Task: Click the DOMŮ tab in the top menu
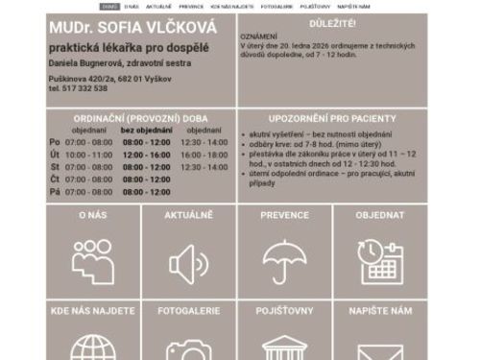click(x=109, y=6)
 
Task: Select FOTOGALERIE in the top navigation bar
click(x=276, y=6)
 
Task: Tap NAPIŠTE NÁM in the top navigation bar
click(x=353, y=6)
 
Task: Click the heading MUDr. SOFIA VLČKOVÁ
click(x=132, y=27)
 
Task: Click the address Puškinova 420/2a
click(x=82, y=78)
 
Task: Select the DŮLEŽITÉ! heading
click(x=333, y=21)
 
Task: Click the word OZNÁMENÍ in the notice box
click(x=257, y=34)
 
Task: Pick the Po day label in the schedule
click(x=55, y=142)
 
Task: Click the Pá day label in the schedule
click(x=55, y=192)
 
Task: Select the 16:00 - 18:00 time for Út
click(x=204, y=155)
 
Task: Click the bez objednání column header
click(x=146, y=130)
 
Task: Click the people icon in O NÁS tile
click(x=92, y=260)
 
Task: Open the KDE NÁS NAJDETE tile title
click(x=92, y=311)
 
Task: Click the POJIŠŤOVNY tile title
click(x=284, y=311)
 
